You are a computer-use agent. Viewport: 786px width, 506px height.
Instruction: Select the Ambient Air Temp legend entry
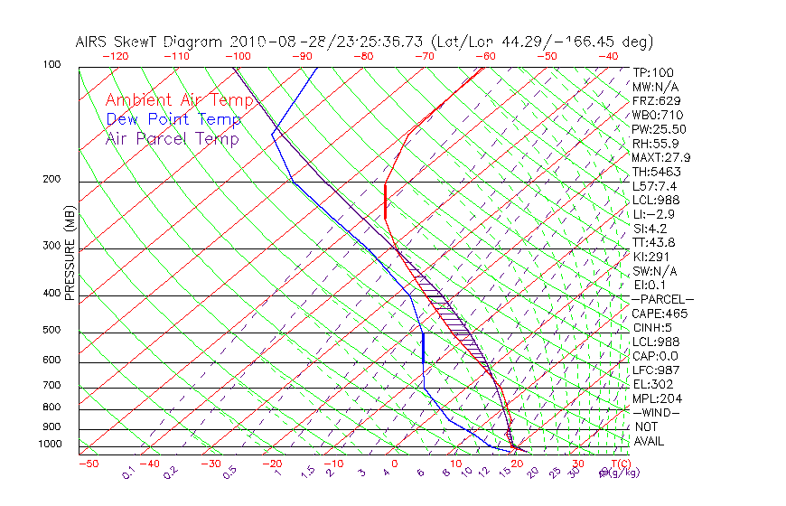coord(180,100)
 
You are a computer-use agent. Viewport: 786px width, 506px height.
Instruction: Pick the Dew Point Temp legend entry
coord(173,119)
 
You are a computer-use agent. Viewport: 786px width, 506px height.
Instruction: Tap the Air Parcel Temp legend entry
coord(172,138)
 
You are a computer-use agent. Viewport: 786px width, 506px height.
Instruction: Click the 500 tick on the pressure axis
coord(52,331)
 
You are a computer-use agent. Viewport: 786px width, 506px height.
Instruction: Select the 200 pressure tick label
coord(52,180)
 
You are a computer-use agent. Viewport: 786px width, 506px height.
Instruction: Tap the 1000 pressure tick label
coord(50,445)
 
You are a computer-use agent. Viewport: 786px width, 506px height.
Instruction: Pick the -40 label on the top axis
coord(608,56)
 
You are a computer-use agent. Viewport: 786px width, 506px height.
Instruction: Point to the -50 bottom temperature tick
coord(88,464)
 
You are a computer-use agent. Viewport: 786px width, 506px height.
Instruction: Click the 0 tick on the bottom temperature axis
coord(396,464)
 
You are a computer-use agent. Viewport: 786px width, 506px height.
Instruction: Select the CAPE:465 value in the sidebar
coord(660,314)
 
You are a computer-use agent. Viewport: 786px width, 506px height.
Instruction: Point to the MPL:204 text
coord(657,398)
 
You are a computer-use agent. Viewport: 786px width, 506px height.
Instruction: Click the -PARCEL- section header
coord(662,299)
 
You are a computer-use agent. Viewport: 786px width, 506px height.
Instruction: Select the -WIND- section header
coord(657,413)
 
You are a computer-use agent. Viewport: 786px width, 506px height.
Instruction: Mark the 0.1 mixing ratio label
coord(129,473)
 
